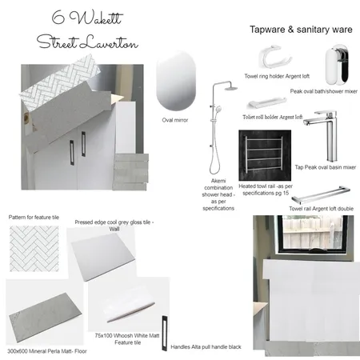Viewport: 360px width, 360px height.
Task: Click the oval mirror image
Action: (x=176, y=81)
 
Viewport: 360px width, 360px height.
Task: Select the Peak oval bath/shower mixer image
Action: (x=337, y=65)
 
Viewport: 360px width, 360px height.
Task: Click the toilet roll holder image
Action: (x=266, y=103)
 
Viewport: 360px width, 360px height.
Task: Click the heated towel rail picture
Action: (x=265, y=155)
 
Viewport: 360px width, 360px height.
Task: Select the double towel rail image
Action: (x=321, y=194)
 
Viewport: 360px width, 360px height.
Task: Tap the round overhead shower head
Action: (x=230, y=87)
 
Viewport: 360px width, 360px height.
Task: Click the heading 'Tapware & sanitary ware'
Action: (x=301, y=30)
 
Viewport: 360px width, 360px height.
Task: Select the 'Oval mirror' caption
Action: (x=175, y=120)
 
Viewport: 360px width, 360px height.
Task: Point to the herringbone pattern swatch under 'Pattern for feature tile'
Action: (x=34, y=249)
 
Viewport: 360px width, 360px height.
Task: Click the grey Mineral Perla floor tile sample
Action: (x=46, y=318)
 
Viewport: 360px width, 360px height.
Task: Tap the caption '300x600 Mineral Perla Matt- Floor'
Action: (x=47, y=351)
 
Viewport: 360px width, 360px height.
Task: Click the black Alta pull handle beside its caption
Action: (x=164, y=333)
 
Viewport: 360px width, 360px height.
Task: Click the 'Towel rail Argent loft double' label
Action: (x=322, y=209)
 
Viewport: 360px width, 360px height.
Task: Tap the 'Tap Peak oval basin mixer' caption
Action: (x=326, y=167)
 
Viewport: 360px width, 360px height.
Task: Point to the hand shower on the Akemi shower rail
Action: (x=218, y=109)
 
